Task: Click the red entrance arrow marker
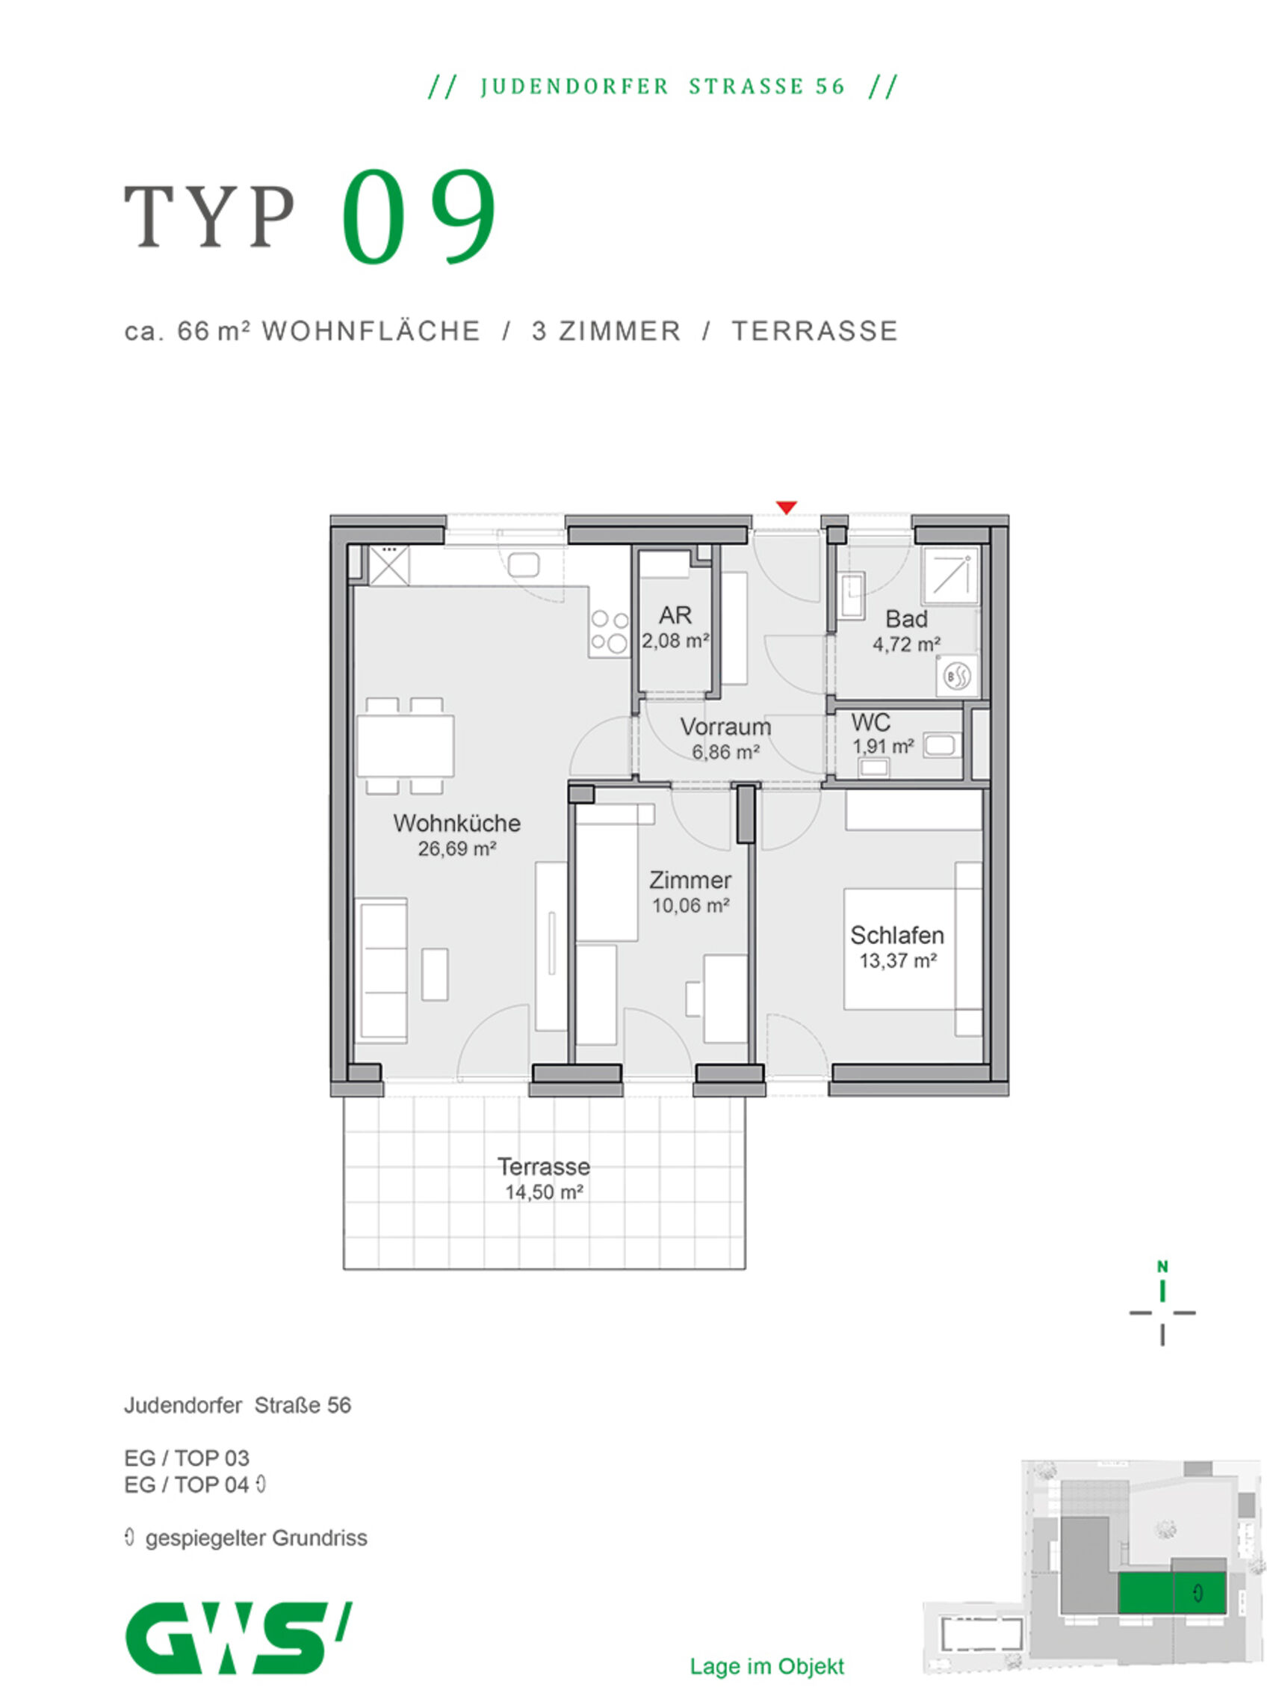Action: [x=786, y=508]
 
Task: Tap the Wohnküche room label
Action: [x=457, y=823]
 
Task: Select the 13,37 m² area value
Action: [x=898, y=961]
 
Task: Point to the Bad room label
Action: [x=906, y=619]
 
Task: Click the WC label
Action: [x=870, y=723]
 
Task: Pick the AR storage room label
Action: [x=675, y=615]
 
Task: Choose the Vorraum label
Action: [x=725, y=727]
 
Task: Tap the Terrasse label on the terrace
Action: [x=544, y=1167]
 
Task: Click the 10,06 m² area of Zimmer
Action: [x=690, y=905]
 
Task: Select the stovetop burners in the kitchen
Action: [x=610, y=631]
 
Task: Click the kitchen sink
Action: [x=523, y=566]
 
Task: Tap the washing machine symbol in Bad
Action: [x=957, y=676]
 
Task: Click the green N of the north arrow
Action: [x=1162, y=1267]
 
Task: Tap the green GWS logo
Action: [x=238, y=1638]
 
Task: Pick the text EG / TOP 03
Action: [x=186, y=1458]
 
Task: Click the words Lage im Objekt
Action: [x=767, y=1666]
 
